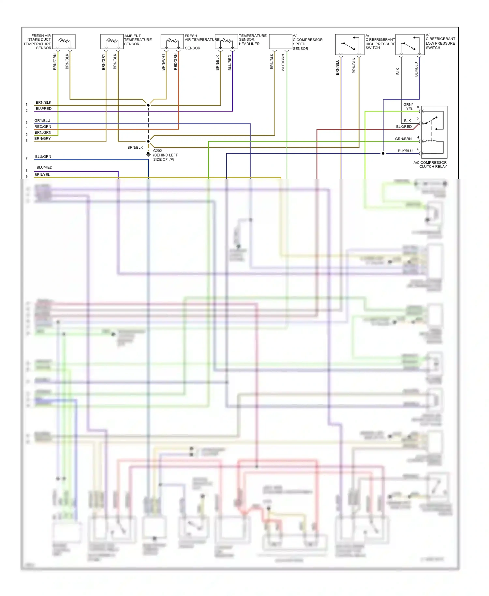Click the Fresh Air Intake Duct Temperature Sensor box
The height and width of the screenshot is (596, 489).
[x=64, y=42]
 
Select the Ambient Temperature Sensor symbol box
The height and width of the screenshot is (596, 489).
[x=112, y=42]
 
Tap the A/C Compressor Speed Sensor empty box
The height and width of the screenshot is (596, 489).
[x=280, y=42]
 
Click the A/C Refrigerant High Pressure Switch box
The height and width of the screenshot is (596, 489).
[x=349, y=45]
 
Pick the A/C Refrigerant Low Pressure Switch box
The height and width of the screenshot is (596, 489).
[x=410, y=45]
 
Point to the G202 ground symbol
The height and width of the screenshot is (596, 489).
[x=148, y=154]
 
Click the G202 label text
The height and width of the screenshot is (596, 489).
[x=157, y=151]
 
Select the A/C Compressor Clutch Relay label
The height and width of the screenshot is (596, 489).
[x=430, y=165]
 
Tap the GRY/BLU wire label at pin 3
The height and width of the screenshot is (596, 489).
[x=42, y=121]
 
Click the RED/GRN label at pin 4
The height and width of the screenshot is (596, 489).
[x=43, y=127]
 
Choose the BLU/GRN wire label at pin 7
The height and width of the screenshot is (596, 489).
[x=43, y=157]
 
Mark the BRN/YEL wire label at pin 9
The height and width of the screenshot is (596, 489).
[x=42, y=175]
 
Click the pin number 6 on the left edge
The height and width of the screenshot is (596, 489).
[x=27, y=141]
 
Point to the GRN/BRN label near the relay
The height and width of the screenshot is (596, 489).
[x=403, y=139]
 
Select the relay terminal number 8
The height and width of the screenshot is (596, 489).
[x=418, y=107]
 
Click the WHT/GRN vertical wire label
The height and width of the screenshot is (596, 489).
[x=283, y=63]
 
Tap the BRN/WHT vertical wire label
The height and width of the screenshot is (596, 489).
[x=164, y=62]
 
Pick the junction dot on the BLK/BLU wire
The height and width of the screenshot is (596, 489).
[x=383, y=153]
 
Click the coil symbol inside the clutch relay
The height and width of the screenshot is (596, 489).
[x=431, y=141]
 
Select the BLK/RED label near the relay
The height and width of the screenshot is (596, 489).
[x=404, y=127]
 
